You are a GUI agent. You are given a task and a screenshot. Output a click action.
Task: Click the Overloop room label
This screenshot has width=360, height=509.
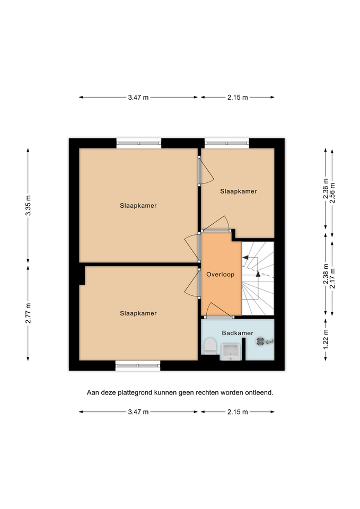coord(220,274)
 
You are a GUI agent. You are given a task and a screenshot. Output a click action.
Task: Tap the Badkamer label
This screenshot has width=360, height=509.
coord(238,333)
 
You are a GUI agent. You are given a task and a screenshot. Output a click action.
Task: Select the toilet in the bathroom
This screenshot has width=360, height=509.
coord(210,346)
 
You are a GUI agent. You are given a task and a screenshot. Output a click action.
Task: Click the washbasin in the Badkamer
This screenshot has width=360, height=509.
coord(230,352)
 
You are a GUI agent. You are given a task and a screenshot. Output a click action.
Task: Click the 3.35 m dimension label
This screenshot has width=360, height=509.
coord(28,205)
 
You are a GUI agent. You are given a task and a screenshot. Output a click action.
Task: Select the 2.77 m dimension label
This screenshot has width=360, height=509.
coord(28,313)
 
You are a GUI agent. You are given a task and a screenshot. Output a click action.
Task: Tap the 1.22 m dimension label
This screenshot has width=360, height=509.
coord(326,339)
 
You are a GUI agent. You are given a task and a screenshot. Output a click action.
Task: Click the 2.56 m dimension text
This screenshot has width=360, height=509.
coord(332,194)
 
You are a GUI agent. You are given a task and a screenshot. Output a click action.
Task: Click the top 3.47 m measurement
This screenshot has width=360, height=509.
coord(138,98)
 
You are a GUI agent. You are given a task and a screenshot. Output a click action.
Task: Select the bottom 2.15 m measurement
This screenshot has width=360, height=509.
coord(238,412)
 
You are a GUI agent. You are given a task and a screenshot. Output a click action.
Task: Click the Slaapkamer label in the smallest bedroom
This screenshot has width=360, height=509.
coord(239,191)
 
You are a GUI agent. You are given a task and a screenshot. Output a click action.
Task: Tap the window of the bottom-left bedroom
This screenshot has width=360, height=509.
coord(138,365)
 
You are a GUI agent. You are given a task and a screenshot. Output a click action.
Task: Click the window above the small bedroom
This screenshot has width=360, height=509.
coord(227,143)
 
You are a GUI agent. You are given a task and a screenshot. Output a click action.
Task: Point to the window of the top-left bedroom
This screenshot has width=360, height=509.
coord(139,143)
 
